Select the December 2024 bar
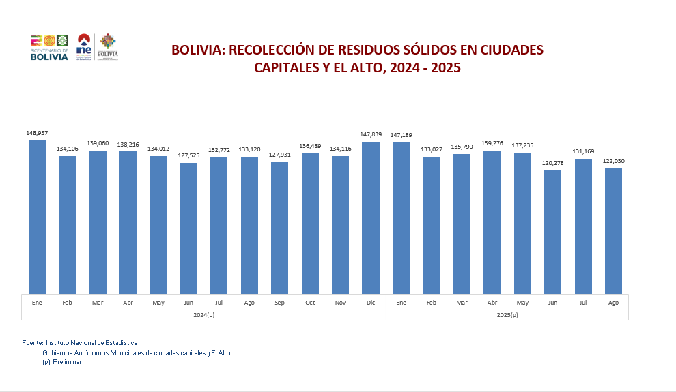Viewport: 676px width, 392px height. (371, 217)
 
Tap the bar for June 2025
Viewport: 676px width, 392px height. (552, 232)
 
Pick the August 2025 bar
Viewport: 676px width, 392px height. (613, 231)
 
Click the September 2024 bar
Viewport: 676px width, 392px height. (279, 228)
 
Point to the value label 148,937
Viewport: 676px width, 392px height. (37, 132)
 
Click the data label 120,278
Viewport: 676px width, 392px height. (552, 162)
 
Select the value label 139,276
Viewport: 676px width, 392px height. (492, 143)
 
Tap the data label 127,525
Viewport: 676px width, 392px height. (188, 155)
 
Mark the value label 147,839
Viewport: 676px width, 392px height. (371, 134)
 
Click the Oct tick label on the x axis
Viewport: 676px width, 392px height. (310, 303)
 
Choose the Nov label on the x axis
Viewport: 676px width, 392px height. (340, 303)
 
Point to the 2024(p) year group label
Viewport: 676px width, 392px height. (203, 314)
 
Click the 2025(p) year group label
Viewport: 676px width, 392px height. (507, 314)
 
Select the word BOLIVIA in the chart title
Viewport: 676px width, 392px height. (196, 50)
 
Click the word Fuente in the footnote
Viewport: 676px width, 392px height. (32, 342)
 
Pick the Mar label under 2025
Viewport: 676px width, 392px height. (462, 303)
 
